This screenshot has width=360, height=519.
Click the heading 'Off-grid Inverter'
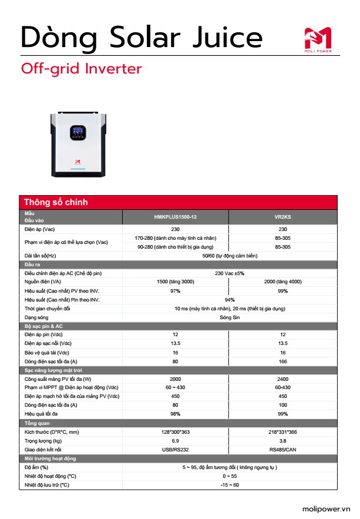point(82,69)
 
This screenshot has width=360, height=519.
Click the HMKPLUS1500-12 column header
point(175,217)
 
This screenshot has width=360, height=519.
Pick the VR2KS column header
point(282,217)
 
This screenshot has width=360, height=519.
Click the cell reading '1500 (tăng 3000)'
point(175,282)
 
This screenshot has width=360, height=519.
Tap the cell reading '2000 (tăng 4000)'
point(282,282)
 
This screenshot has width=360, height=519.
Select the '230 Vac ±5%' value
point(229,273)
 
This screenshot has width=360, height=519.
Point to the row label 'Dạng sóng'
point(36,317)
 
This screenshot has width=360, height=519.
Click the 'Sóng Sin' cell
point(229,317)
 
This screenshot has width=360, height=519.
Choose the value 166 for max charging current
point(282,361)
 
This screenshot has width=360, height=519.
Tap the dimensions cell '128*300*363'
point(175,431)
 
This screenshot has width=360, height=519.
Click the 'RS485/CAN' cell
point(282,449)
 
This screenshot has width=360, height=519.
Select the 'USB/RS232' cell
point(175,449)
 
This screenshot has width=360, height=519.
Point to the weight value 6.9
point(175,440)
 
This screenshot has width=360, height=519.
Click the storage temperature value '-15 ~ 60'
point(229,485)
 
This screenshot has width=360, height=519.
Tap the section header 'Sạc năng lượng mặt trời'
point(53,370)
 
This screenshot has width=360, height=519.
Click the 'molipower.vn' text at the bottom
point(326,509)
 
